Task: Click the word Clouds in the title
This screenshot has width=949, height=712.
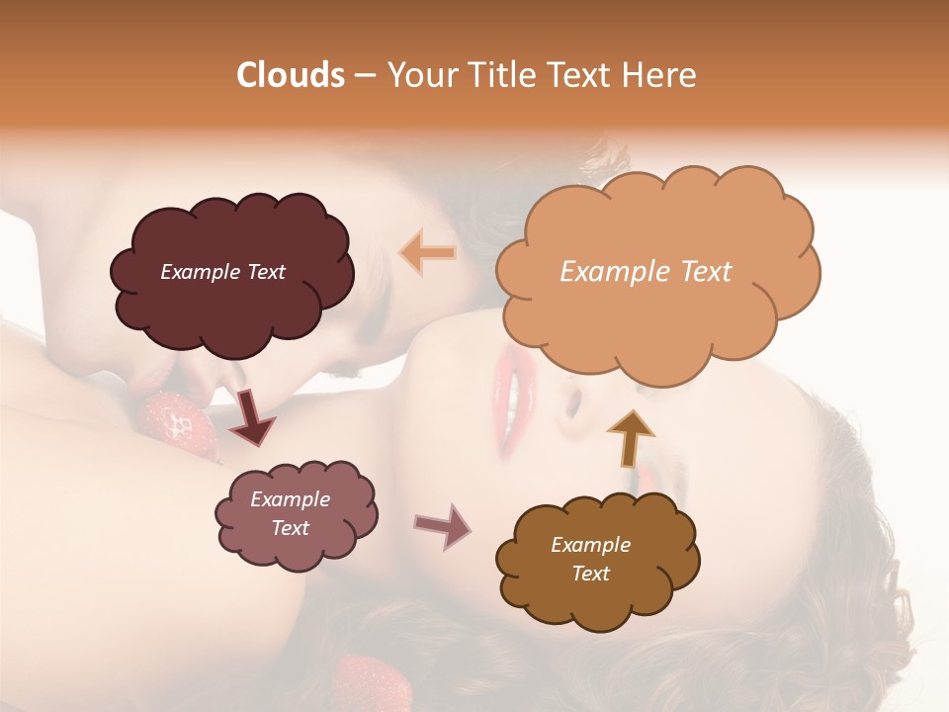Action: (291, 75)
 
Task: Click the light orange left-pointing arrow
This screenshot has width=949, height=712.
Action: (427, 252)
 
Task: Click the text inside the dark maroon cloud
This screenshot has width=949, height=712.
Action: (222, 272)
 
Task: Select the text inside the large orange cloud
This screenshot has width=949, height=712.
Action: (646, 272)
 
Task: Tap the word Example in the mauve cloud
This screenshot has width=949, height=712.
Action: (290, 499)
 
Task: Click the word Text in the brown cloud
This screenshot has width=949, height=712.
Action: (590, 574)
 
